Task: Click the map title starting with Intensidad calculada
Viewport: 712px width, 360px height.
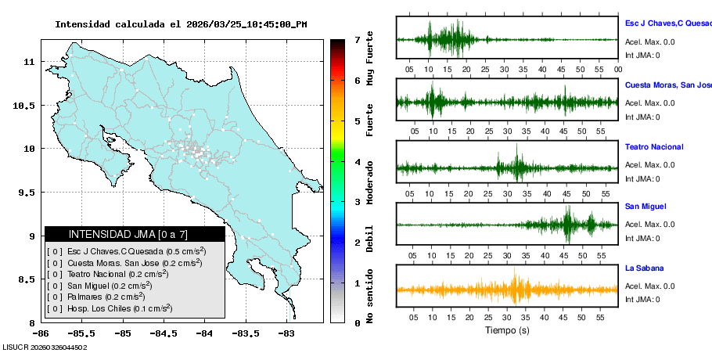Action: (x=181, y=24)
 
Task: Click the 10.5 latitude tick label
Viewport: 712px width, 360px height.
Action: (x=27, y=105)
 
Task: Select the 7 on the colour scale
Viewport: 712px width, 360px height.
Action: (x=357, y=39)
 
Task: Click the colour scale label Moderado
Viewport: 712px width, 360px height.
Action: (x=370, y=182)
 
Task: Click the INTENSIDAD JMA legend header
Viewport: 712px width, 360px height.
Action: (x=135, y=234)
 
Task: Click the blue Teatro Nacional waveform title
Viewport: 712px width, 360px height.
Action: (x=654, y=147)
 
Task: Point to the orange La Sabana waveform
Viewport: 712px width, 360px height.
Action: (x=507, y=290)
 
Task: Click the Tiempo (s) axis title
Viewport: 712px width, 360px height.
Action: (x=507, y=330)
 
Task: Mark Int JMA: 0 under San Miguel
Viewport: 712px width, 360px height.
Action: (x=642, y=239)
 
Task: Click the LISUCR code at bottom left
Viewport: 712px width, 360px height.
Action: (x=45, y=346)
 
